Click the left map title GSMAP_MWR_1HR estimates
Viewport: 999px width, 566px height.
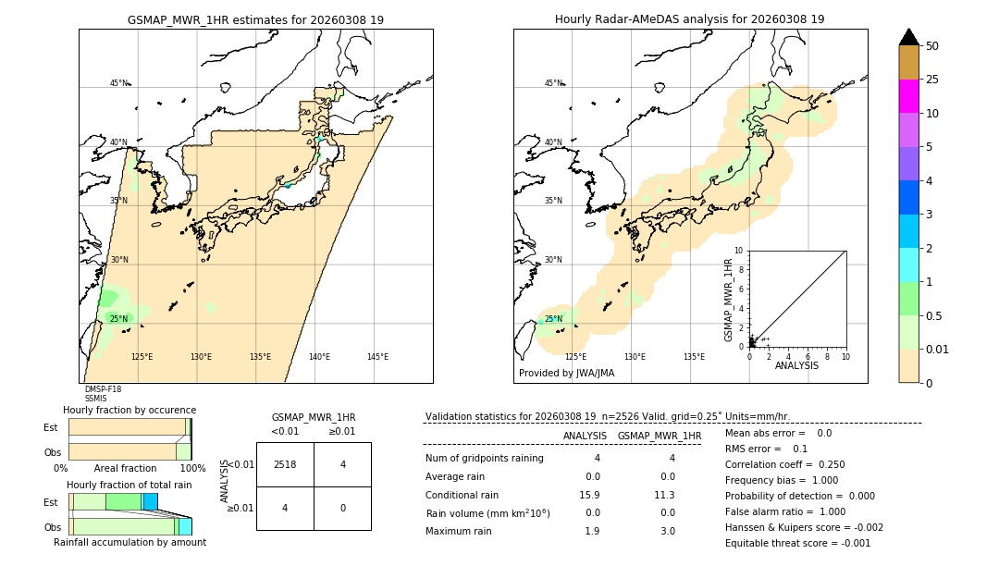255,19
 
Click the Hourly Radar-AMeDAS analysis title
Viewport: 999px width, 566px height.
689,19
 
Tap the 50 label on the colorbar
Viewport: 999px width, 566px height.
932,46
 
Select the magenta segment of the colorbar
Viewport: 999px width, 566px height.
908,96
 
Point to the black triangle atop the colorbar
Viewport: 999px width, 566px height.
908,37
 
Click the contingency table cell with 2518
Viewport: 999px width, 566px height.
285,464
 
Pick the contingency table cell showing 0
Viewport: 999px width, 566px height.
342,508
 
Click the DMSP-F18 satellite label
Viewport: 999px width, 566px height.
103,389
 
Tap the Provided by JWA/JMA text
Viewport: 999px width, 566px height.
566,373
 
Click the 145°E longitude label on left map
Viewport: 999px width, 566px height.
377,357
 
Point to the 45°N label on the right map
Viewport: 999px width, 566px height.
553,83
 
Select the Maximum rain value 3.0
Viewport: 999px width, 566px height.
666,531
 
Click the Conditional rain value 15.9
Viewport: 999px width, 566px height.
591,495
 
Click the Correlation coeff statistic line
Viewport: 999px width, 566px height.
784,464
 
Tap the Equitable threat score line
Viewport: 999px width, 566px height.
797,543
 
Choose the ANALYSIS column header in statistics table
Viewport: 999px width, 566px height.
585,436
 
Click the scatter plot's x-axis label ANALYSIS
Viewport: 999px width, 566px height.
796,365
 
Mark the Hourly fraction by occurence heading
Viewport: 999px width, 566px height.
129,410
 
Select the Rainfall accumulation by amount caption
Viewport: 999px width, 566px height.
129,542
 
